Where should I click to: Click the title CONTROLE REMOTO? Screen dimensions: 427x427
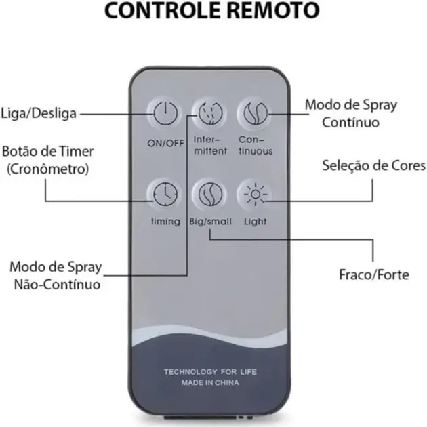point(212,12)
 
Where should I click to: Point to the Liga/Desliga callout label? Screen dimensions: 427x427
point(39,113)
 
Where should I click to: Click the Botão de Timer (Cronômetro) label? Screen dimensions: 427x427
point(48,160)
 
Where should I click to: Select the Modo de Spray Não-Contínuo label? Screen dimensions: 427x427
point(57,274)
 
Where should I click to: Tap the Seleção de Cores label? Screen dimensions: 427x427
point(373,165)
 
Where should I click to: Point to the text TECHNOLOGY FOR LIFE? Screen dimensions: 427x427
point(210,372)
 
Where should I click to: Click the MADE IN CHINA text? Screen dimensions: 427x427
point(210,383)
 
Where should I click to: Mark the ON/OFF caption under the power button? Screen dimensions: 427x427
point(165,143)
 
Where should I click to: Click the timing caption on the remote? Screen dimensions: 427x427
point(165,222)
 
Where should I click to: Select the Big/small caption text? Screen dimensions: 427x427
point(209,222)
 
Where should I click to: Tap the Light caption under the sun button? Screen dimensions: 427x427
point(255,222)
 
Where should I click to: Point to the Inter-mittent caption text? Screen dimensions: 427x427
point(210,146)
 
